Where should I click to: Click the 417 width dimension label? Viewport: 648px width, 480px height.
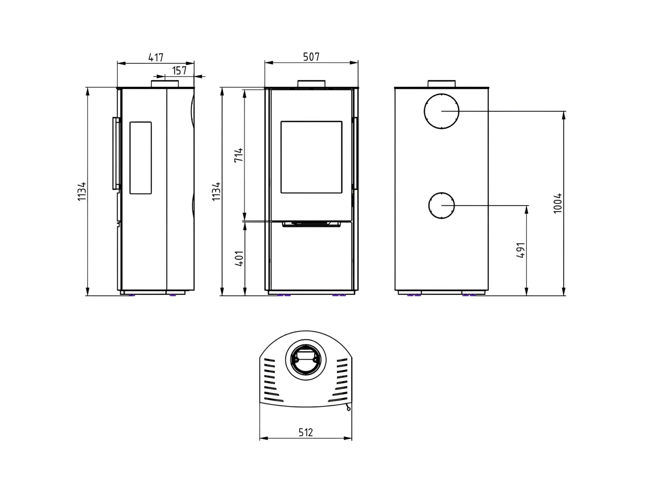156,57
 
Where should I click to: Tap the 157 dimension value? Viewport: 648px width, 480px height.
179,71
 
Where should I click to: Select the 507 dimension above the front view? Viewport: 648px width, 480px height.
311,57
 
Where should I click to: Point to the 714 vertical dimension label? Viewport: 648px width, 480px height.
239,155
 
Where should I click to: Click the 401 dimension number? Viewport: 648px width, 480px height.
239,258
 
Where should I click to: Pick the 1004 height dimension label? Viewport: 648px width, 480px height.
557,203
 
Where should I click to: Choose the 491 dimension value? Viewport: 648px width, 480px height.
520,250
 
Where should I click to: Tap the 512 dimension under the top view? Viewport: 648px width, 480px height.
306,432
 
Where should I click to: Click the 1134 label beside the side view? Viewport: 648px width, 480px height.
82,191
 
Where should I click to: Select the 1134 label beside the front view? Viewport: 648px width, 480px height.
216,191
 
